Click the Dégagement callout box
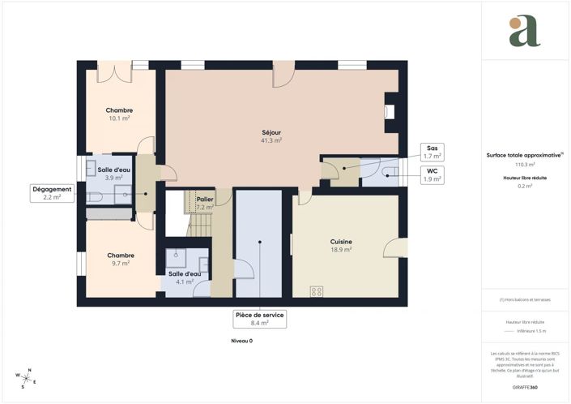52,192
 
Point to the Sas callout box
432,151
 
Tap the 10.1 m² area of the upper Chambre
119,118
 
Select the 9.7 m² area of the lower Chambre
119,263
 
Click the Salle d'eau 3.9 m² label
109,173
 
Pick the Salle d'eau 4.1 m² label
181,277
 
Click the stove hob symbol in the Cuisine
317,291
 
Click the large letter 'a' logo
525,32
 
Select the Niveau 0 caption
241,341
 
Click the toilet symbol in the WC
391,172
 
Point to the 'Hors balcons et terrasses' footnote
525,299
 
